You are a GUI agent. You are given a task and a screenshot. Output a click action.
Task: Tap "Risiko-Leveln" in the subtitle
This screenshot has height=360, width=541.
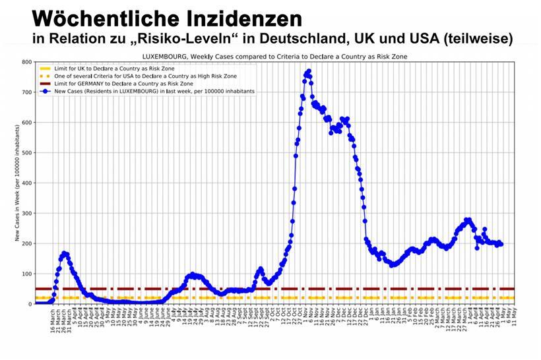pyautogui.click(x=177, y=39)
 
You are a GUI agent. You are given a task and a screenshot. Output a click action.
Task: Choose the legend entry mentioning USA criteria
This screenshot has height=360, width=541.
pyautogui.click(x=135, y=76)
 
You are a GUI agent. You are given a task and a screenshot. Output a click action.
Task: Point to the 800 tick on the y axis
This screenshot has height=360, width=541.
pyautogui.click(x=26, y=63)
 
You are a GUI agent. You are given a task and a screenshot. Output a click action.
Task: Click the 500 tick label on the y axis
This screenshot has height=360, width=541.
pyautogui.click(x=26, y=153)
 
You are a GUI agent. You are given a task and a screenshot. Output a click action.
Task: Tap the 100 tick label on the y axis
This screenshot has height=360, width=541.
pyautogui.click(x=26, y=274)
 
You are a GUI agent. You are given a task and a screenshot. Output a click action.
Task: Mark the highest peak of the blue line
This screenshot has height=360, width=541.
pyautogui.click(x=308, y=71)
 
